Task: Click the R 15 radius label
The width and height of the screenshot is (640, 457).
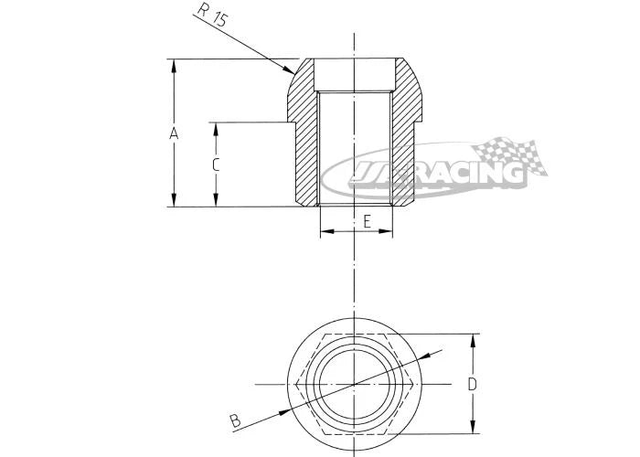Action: [211, 15]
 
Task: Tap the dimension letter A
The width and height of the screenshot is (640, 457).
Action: [174, 133]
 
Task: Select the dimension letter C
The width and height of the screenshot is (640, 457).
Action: [216, 165]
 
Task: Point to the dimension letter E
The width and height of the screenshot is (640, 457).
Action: [367, 222]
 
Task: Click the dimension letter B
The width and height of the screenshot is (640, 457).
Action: [235, 420]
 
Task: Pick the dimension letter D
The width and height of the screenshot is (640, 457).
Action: [472, 385]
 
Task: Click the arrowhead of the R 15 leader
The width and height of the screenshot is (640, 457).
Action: [288, 70]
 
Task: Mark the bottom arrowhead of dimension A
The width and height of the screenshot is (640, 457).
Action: [174, 200]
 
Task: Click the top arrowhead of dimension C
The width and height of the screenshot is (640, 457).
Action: [216, 130]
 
